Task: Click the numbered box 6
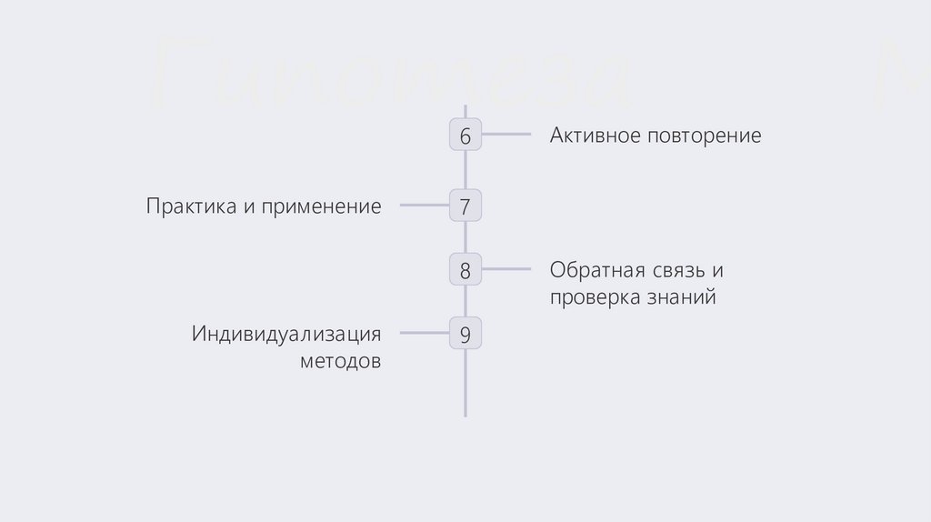[x=465, y=136]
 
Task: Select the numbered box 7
[x=465, y=206]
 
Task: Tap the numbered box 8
[x=465, y=270]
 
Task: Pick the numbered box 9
[x=465, y=334]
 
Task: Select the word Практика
[x=189, y=206]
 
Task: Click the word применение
[x=322, y=206]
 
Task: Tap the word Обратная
[x=596, y=270]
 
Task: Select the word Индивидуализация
[x=285, y=334]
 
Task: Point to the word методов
[x=340, y=361]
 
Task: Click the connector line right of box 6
[x=506, y=135]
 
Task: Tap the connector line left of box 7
[x=424, y=206]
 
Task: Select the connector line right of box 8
[x=506, y=269]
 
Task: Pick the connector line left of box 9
[x=424, y=333]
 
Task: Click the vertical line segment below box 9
[x=465, y=382]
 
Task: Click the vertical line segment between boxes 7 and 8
[x=465, y=238]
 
